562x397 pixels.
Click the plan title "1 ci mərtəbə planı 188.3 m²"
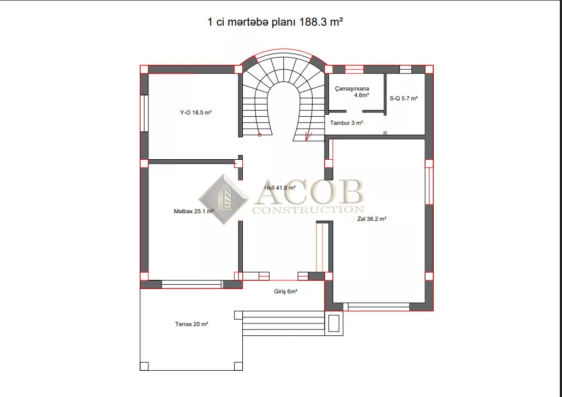click(275, 22)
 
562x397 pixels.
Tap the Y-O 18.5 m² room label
click(196, 112)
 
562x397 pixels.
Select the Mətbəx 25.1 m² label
click(194, 212)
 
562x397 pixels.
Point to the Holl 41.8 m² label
click(280, 188)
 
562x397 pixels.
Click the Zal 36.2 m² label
click(372, 219)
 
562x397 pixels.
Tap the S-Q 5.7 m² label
click(404, 98)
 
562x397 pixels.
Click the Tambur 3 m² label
click(346, 123)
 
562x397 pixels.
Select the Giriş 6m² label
click(286, 292)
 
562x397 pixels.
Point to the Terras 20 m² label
click(192, 324)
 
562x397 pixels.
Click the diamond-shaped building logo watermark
click(224, 199)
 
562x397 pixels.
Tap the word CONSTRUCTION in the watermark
click(308, 209)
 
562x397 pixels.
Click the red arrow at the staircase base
click(308, 136)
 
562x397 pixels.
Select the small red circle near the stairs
click(260, 135)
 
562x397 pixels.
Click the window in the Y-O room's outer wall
click(144, 113)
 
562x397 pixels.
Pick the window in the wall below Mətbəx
click(192, 285)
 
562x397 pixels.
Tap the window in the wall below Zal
click(379, 307)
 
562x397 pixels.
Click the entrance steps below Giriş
click(284, 323)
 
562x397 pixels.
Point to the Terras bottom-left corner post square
click(144, 366)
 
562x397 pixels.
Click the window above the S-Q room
click(405, 69)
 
